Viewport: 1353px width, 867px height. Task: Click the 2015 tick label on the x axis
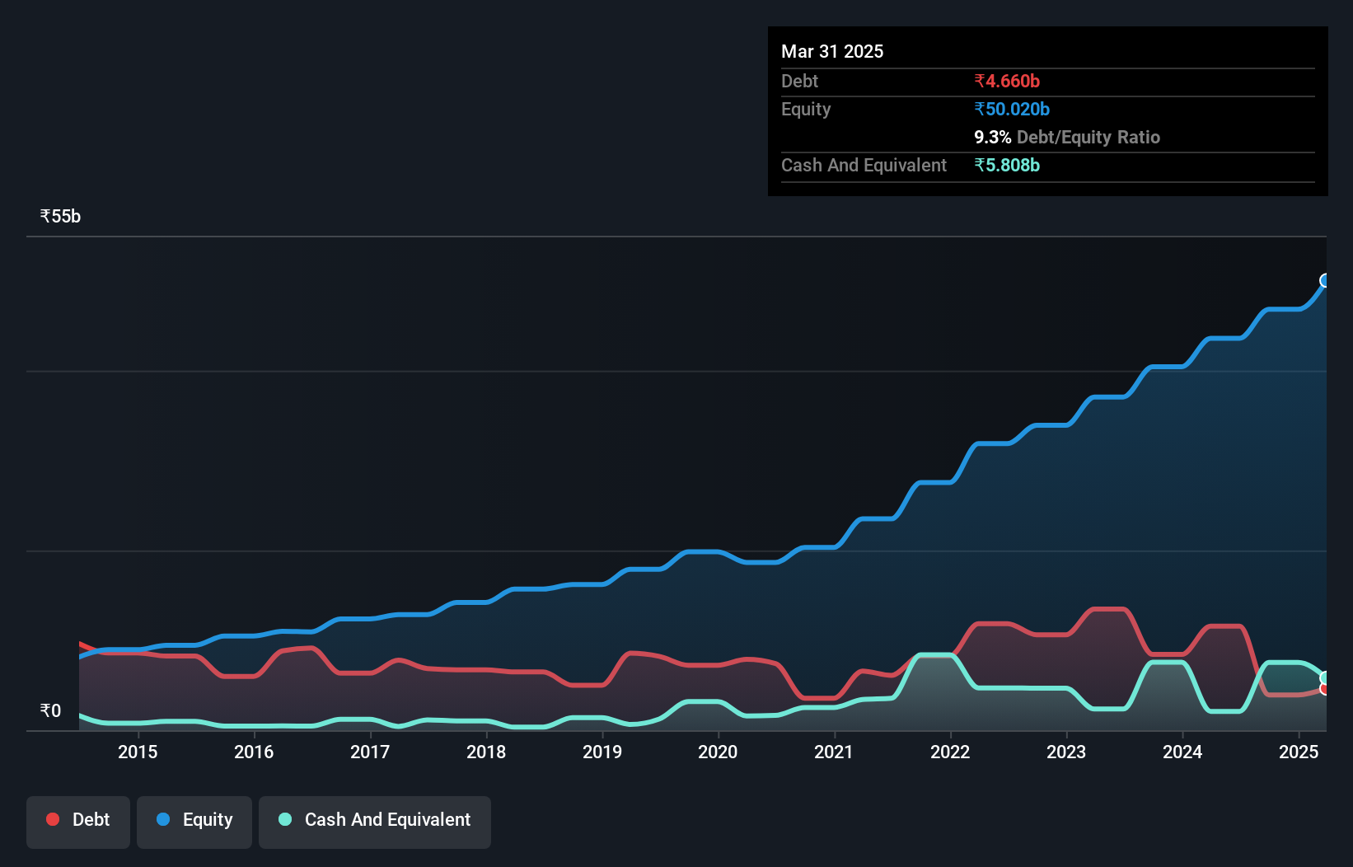138,752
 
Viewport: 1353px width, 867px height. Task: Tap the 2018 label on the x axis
486,752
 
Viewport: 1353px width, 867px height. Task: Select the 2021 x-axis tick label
834,752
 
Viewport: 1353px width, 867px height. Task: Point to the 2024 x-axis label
1182,752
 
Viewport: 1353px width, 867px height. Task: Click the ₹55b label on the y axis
60,217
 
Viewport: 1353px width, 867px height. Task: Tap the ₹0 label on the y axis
50,711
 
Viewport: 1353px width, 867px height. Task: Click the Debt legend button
78,820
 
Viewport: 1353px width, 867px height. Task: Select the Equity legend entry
194,820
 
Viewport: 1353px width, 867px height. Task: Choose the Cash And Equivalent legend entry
375,820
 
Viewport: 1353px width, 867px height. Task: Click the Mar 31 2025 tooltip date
832,52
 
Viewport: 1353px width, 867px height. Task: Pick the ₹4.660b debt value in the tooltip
1007,82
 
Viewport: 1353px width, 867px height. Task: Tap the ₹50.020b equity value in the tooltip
1012,110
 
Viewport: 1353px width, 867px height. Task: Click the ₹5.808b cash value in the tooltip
1007,166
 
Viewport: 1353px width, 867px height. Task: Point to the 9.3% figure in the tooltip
992,138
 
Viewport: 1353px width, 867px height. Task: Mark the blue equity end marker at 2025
1325,281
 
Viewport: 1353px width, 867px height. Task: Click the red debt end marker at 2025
1324,689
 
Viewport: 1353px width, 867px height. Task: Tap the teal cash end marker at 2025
1324,678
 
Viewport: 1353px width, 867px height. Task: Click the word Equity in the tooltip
806,110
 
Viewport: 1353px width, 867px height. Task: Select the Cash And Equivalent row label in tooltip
864,166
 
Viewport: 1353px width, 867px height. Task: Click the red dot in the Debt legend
53,819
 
